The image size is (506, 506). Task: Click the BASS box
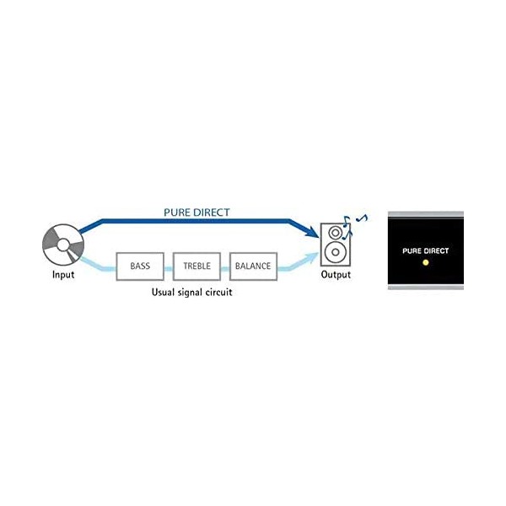pos(140,266)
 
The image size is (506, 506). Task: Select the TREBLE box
pos(196,266)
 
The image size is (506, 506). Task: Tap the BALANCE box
pos(253,266)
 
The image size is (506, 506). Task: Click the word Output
pos(336,276)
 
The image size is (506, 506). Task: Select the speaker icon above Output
pos(336,244)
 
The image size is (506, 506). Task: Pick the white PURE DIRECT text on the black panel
pos(426,251)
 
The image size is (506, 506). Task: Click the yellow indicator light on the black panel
pos(426,263)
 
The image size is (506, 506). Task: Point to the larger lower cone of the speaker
pos(336,252)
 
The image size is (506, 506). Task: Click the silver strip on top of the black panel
pos(426,214)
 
